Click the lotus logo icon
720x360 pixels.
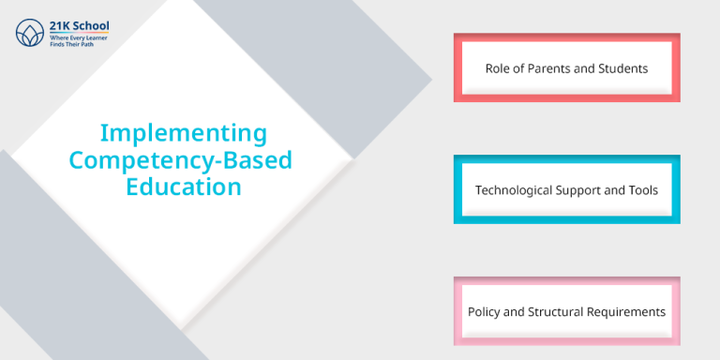click(29, 32)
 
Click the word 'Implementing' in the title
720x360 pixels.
click(183, 132)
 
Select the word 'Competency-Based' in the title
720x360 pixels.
click(181, 159)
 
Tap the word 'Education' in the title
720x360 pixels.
click(183, 187)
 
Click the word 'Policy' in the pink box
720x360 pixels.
click(486, 312)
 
